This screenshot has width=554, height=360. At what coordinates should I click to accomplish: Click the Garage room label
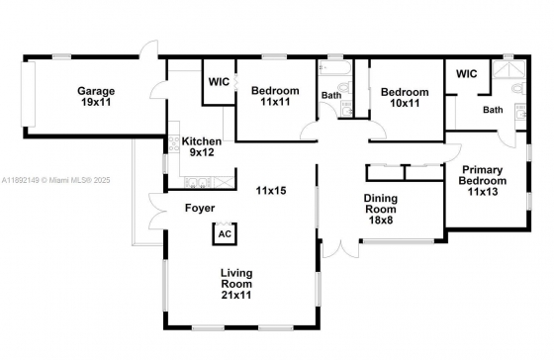tap(96, 97)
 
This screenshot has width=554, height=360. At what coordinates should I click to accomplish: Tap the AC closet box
tap(225, 233)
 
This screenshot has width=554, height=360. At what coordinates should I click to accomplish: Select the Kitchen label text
tap(202, 141)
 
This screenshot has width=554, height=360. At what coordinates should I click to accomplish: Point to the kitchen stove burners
tap(174, 144)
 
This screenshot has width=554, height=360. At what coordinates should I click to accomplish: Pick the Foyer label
tap(200, 208)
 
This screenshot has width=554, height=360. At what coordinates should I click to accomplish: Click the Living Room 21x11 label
tap(236, 284)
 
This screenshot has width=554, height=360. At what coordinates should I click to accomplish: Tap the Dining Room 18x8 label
tap(381, 209)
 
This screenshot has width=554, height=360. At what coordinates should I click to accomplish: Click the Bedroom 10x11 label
tap(405, 98)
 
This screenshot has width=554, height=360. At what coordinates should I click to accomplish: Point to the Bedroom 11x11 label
tap(275, 96)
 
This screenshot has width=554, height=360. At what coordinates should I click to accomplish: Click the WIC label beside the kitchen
tap(219, 82)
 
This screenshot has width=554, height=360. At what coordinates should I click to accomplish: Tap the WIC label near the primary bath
tap(466, 74)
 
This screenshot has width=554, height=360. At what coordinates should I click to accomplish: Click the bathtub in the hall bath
tap(334, 67)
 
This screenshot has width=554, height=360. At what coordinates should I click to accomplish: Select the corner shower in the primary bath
tap(508, 69)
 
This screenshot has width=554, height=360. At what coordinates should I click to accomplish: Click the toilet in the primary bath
tap(519, 88)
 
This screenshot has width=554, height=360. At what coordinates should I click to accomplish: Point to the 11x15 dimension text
tap(271, 191)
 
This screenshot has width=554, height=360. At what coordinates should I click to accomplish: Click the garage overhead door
tap(29, 94)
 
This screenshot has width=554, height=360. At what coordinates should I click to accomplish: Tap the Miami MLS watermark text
tap(55, 180)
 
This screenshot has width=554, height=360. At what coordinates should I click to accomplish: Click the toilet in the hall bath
tap(345, 87)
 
